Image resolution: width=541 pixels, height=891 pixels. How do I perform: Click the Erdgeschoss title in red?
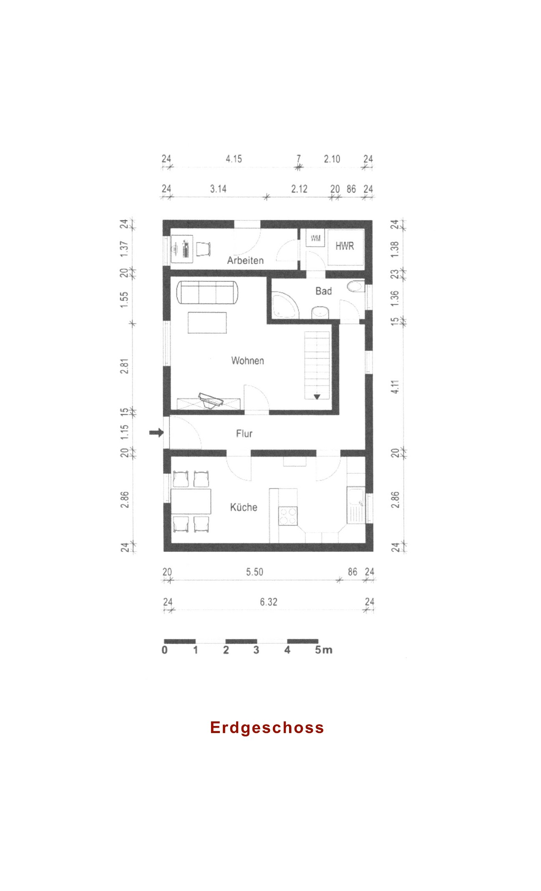pyautogui.click(x=267, y=728)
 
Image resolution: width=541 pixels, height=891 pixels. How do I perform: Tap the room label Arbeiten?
pyautogui.click(x=245, y=260)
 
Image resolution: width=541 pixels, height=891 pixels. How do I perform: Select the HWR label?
pyautogui.click(x=345, y=246)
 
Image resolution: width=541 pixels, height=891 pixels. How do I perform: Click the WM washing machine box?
pyautogui.click(x=316, y=238)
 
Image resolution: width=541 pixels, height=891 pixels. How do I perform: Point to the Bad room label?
pyautogui.click(x=324, y=291)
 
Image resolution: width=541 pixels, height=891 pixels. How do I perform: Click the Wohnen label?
pyautogui.click(x=248, y=360)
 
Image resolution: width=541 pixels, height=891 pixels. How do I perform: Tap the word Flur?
pyautogui.click(x=244, y=434)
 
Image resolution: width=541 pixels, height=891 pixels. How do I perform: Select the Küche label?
pyautogui.click(x=244, y=507)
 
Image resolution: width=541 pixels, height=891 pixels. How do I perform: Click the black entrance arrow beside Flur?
pyautogui.click(x=156, y=433)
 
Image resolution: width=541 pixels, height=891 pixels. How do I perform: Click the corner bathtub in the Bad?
pyautogui.click(x=285, y=305)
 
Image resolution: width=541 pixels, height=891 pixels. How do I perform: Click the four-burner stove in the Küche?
pyautogui.click(x=288, y=516)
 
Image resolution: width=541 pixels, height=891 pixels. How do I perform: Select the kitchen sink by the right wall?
pyautogui.click(x=356, y=505)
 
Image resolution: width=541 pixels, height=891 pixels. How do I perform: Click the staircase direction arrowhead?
pyautogui.click(x=317, y=396)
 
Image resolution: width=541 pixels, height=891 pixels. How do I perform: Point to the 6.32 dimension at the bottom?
pyautogui.click(x=269, y=602)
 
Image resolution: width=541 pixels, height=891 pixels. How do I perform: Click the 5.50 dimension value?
pyautogui.click(x=254, y=572)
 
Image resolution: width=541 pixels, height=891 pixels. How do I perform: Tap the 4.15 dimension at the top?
pyautogui.click(x=234, y=159)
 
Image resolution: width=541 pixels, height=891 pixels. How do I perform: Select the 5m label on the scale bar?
pyautogui.click(x=324, y=650)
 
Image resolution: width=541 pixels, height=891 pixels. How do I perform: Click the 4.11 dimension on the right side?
pyautogui.click(x=395, y=387)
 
